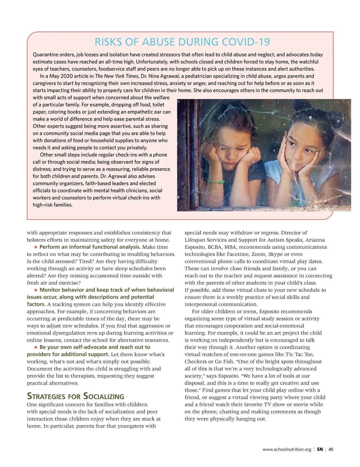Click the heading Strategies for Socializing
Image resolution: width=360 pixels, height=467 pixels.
(76, 396)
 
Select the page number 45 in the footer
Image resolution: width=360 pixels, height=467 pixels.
(331, 449)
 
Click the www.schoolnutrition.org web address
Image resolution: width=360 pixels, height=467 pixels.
(286, 449)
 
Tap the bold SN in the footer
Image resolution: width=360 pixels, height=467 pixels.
(320, 449)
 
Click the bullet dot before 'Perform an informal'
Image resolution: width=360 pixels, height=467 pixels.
(36, 247)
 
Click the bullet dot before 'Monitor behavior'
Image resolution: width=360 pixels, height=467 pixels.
(36, 290)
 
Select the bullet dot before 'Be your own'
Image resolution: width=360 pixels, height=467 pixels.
(36, 347)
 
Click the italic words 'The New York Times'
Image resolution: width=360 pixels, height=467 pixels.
(117, 76)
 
